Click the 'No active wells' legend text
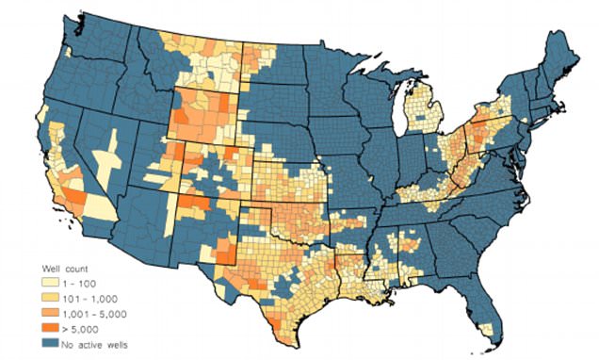(x=92, y=345)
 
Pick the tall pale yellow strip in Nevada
(x=112, y=155)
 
